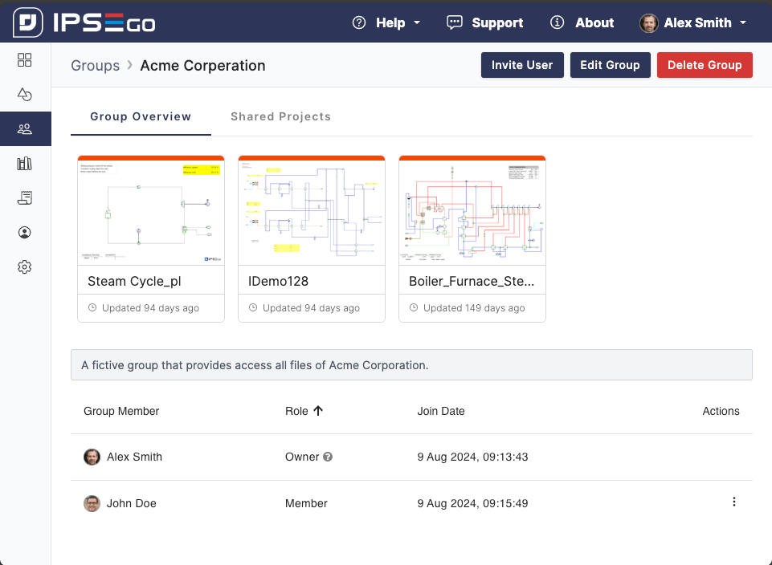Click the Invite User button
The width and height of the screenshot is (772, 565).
522,65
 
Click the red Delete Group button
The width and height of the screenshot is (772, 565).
705,65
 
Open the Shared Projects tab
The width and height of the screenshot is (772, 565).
280,116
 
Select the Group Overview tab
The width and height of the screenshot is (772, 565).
141,116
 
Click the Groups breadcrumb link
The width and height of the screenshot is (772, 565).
95,66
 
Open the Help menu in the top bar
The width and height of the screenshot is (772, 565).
387,22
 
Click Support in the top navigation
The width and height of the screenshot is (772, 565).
485,22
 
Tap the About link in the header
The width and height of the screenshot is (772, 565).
582,22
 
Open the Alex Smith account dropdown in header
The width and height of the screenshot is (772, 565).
693,22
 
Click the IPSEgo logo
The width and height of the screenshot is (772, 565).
84,22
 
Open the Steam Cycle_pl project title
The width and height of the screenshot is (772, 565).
133,282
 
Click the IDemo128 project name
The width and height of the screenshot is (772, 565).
279,282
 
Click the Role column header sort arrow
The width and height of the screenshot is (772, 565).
318,411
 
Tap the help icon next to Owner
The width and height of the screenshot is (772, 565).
328,457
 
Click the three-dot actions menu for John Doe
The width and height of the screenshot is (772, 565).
733,502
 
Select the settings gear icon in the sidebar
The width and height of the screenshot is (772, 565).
25,267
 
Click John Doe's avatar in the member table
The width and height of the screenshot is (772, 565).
92,503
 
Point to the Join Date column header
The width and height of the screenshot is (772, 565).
441,411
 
